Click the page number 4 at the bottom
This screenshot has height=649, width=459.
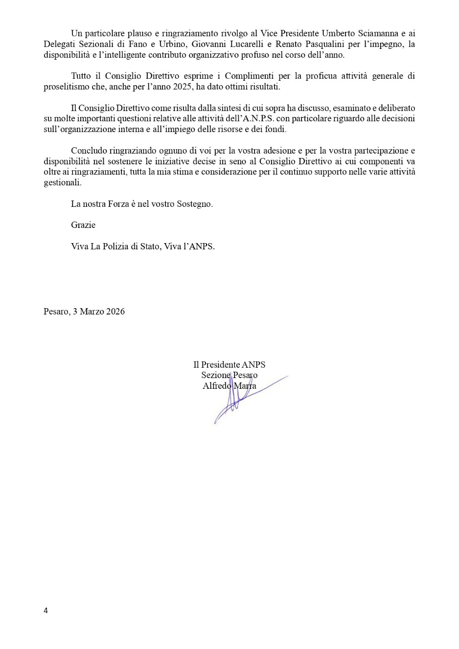point(46,610)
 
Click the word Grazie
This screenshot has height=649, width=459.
point(83,225)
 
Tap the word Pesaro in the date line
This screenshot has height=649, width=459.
point(56,312)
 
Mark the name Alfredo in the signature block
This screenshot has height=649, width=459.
point(217,386)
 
